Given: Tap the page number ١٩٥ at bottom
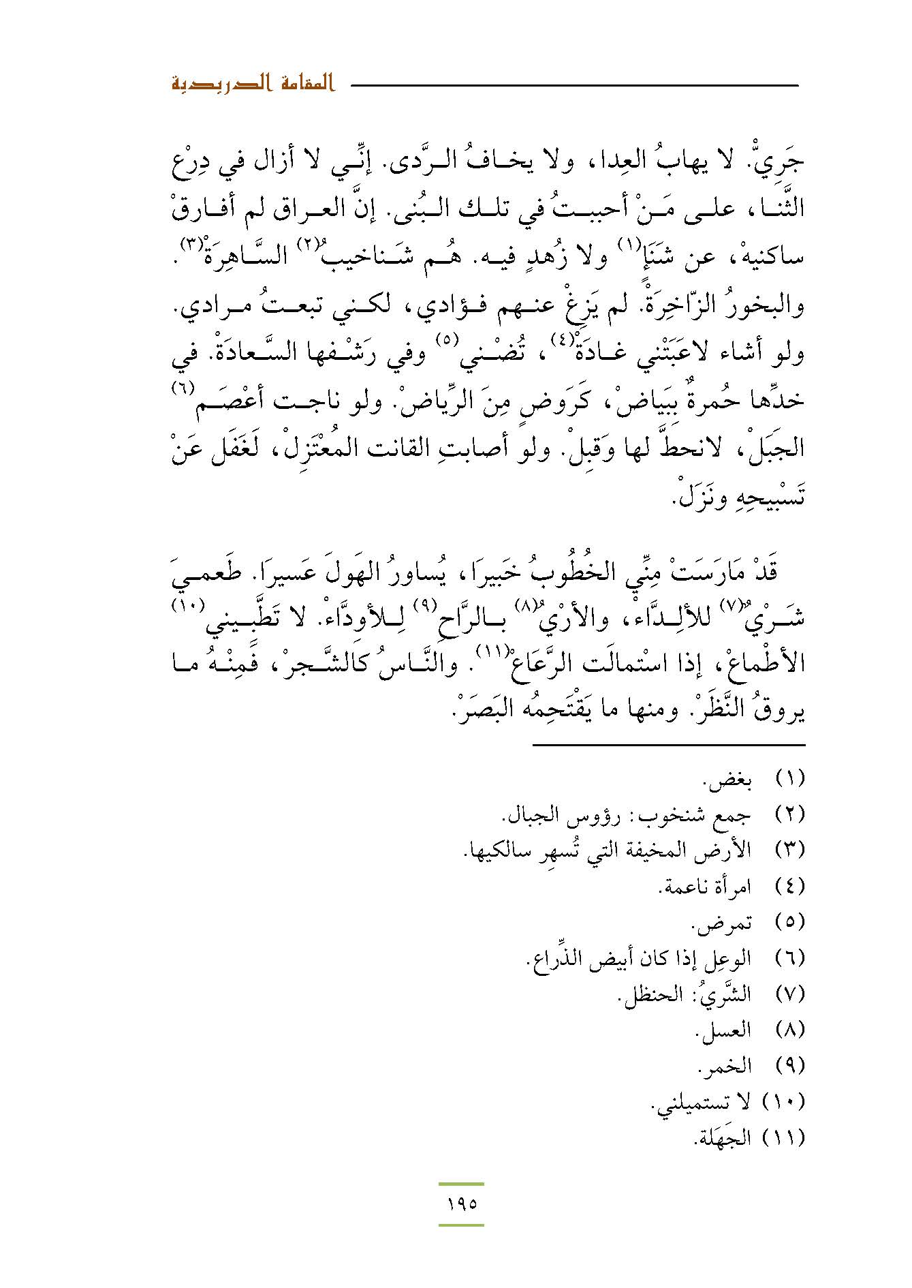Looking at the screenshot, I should pos(461,1204).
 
